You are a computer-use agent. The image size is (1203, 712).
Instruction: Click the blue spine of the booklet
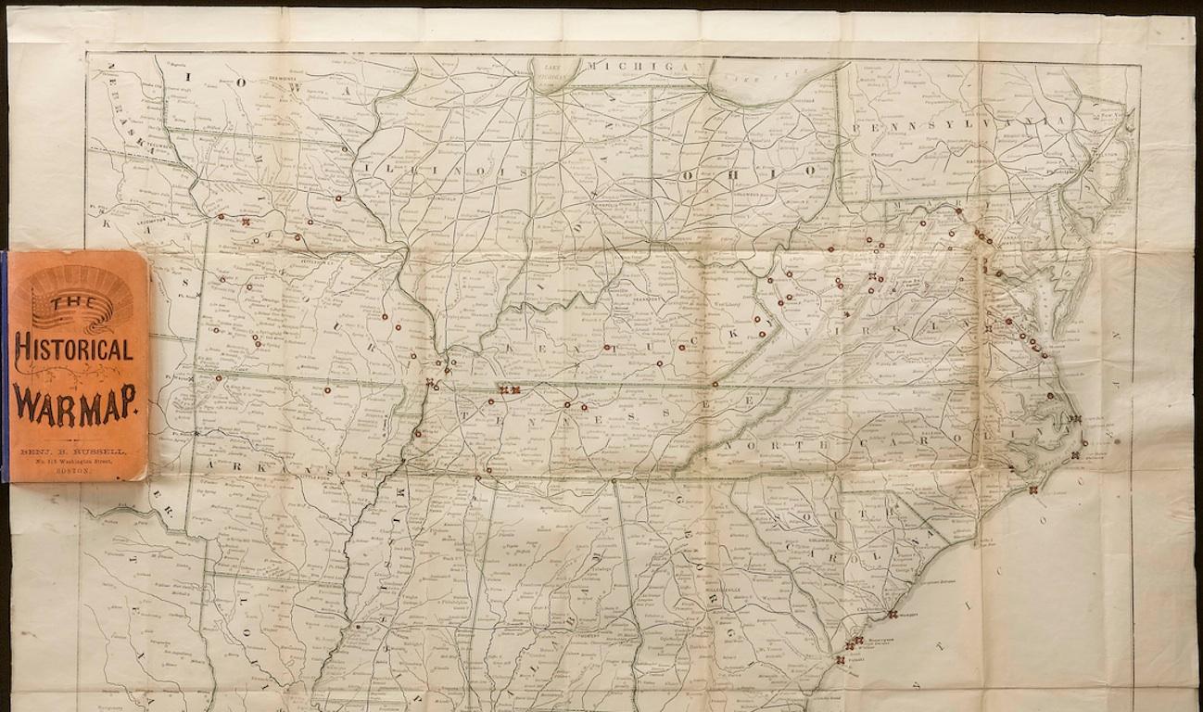(x=4, y=366)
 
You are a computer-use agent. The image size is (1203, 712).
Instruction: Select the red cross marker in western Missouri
(x=246, y=222)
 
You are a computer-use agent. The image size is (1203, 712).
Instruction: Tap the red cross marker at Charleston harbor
(x=892, y=614)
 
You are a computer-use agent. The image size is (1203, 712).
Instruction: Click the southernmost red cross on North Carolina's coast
(x=1033, y=489)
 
